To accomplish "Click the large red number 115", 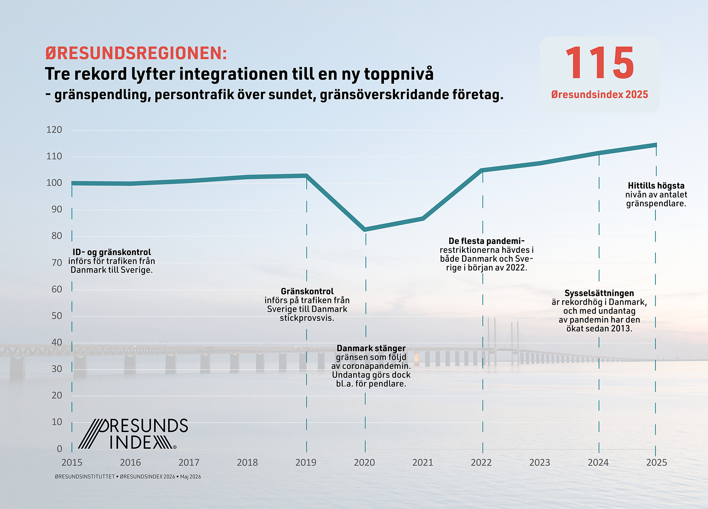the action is point(600,63).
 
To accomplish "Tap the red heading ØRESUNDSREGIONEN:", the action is point(136,53).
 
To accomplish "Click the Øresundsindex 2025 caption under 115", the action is point(600,95).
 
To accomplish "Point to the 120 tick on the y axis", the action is point(54,130).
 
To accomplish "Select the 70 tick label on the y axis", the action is point(57,263).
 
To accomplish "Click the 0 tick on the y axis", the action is point(59,449).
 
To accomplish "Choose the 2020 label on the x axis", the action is point(364,463).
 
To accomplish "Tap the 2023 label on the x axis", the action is point(539,463).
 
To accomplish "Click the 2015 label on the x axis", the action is point(72,463).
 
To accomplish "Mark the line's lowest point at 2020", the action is point(365,229).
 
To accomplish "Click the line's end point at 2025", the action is point(656,145).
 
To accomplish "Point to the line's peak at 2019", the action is point(306,176).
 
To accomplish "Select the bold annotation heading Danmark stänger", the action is point(371,348).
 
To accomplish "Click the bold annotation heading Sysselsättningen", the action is point(599,293).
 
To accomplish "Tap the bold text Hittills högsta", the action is point(656,186).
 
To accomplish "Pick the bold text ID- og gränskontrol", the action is point(112,252).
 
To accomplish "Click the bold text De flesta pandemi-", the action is point(486,241).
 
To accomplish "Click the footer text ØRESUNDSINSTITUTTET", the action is point(85,477).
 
